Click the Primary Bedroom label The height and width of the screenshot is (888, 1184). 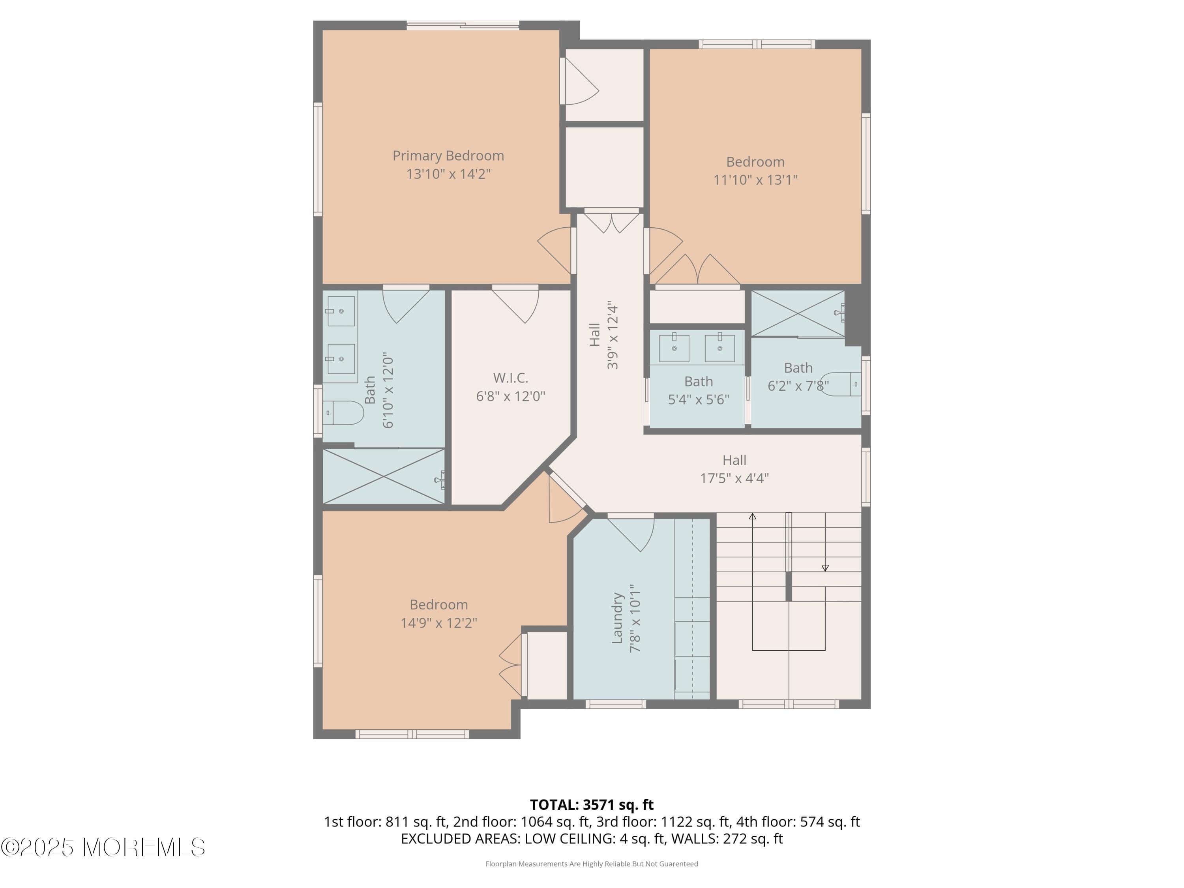coord(448,156)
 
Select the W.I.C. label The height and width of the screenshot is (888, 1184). coord(510,378)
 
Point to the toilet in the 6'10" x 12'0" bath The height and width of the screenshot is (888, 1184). coord(344,413)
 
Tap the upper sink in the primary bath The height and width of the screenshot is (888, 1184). coord(341,311)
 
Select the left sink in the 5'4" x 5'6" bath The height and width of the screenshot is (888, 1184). coord(674,348)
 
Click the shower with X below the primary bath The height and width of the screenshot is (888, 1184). coord(383,476)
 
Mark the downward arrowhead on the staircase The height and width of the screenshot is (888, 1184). coord(825,568)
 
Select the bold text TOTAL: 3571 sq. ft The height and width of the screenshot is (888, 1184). coord(592,804)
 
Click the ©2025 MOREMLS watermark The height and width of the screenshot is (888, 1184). coord(103,847)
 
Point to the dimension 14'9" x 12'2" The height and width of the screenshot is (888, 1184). coord(438,623)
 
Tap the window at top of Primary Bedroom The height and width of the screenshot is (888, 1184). coord(463,24)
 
